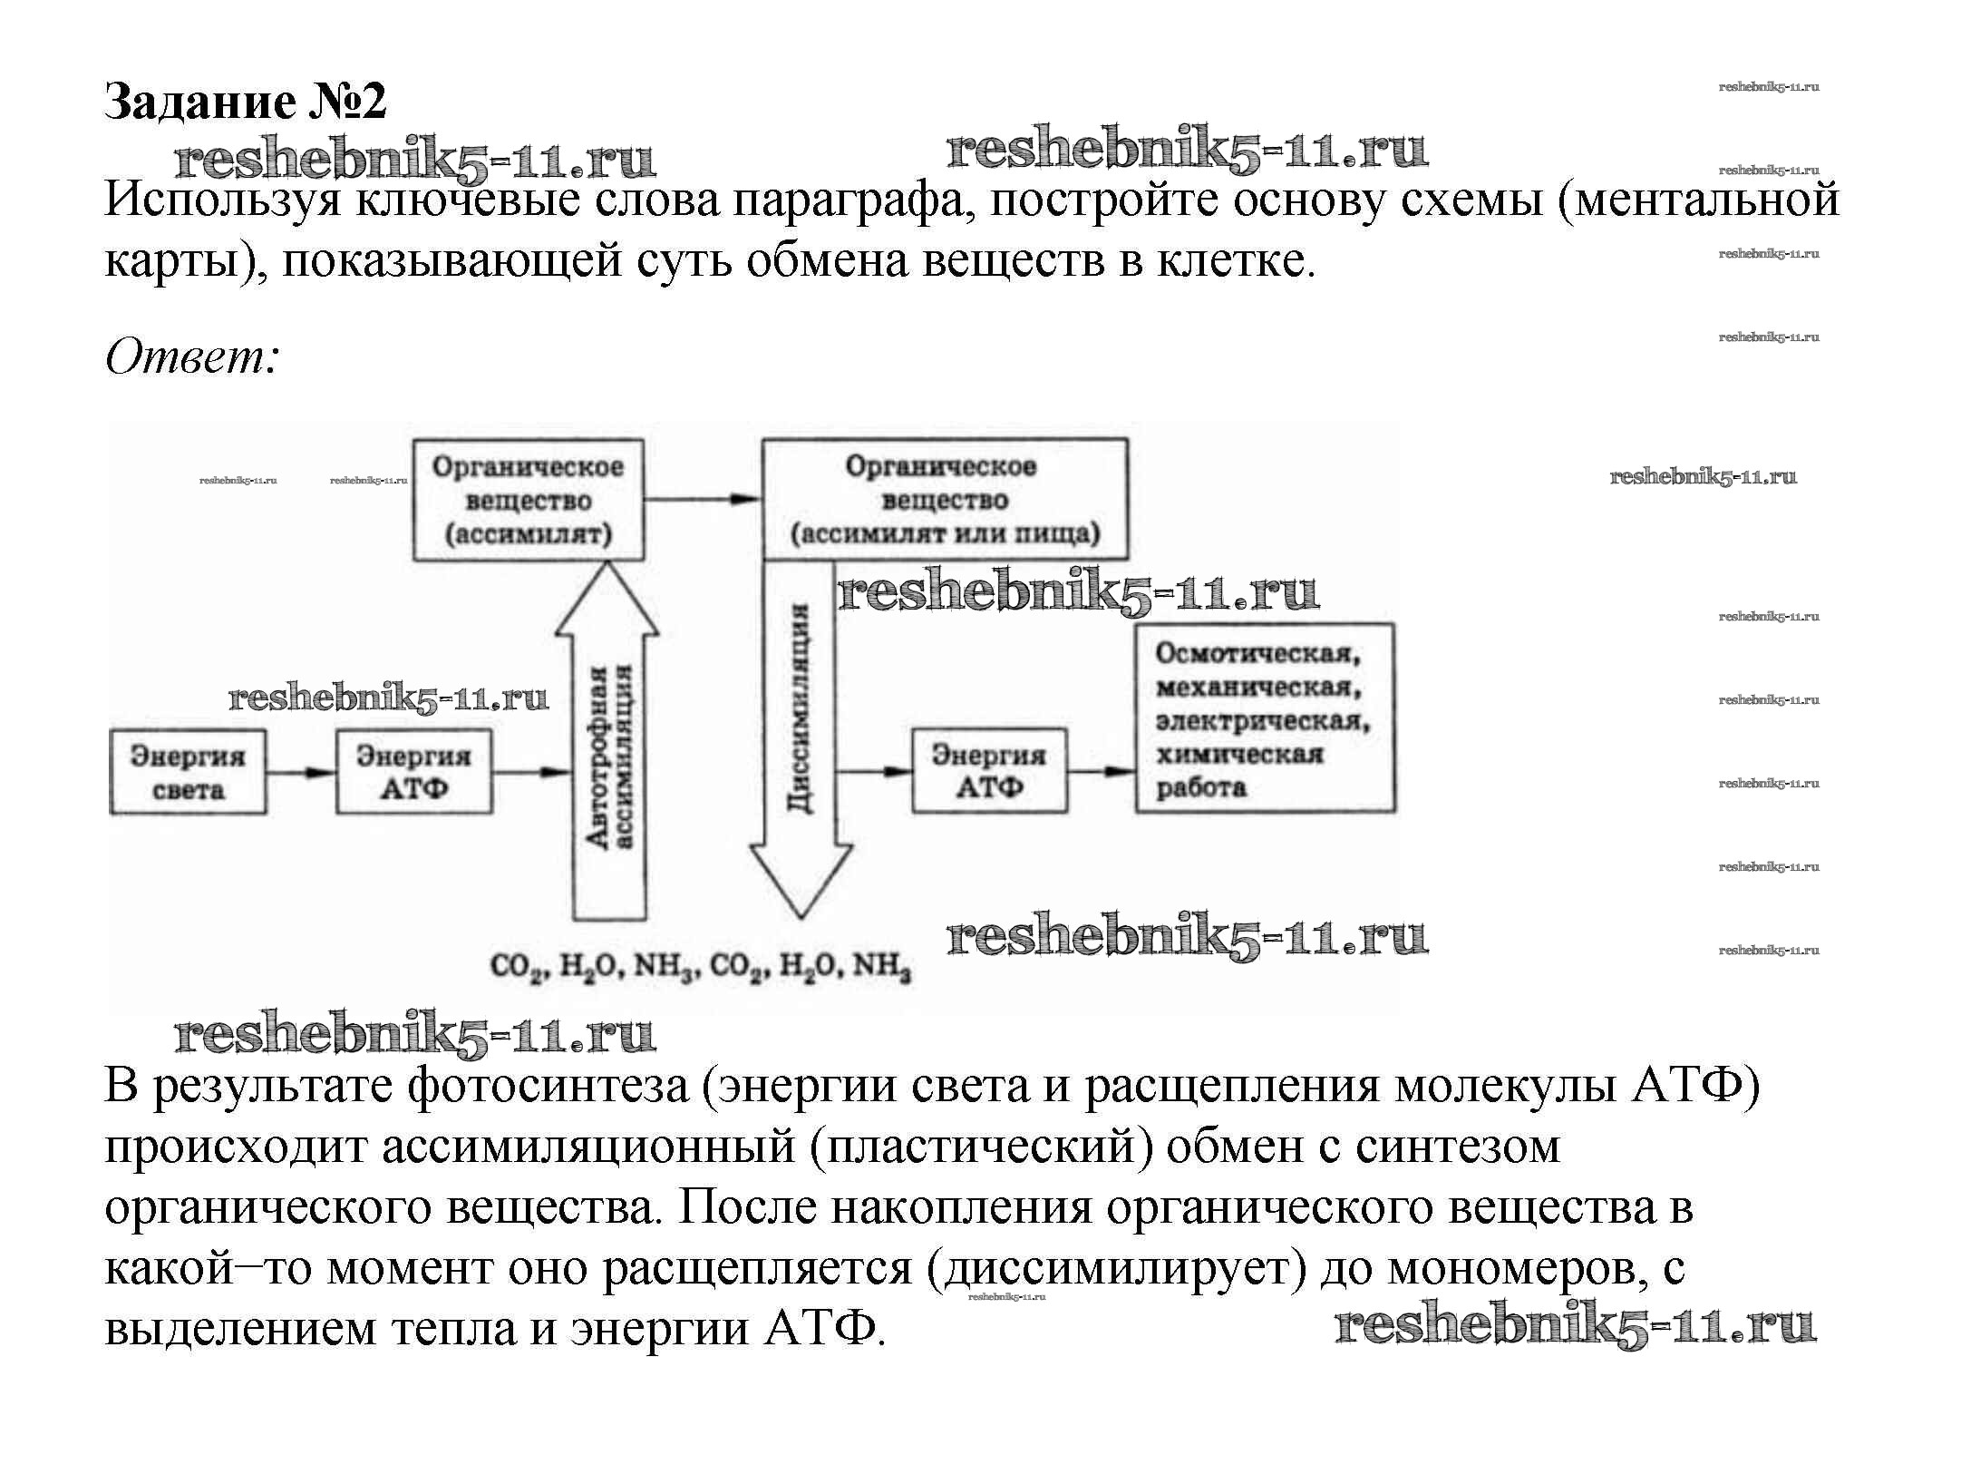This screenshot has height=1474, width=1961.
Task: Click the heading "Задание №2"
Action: (246, 101)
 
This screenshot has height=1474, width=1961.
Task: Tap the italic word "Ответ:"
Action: (191, 357)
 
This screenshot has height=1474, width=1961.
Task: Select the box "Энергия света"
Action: (188, 772)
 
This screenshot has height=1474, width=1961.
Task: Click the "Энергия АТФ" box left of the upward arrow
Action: (414, 772)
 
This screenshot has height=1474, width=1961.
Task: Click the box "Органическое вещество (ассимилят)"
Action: (529, 501)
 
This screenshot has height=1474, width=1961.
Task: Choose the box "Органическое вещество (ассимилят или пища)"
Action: (945, 500)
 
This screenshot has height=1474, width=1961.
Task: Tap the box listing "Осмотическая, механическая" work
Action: (1265, 717)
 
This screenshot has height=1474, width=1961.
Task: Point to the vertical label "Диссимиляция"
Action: (799, 708)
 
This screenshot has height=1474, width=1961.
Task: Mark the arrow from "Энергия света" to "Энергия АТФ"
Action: (301, 773)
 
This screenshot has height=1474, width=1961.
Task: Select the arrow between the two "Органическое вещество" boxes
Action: (703, 499)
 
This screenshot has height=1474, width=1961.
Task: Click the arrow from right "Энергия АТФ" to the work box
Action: (1102, 772)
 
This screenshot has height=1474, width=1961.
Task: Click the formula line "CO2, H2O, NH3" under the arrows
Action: (700, 967)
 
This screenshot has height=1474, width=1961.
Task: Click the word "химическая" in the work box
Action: (1239, 755)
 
